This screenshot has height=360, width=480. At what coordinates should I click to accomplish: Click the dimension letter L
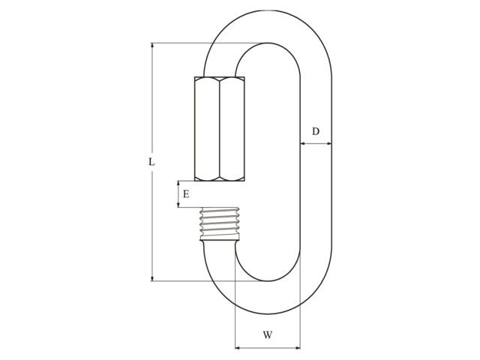[151, 161]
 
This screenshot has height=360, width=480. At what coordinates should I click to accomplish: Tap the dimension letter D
[316, 131]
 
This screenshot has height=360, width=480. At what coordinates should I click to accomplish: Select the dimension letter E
[186, 193]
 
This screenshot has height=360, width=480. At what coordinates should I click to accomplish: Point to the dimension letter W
[268, 335]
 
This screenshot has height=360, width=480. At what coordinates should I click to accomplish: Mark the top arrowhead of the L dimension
[152, 46]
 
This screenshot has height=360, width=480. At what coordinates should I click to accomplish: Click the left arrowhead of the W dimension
[238, 348]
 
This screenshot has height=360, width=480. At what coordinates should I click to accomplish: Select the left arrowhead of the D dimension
[303, 142]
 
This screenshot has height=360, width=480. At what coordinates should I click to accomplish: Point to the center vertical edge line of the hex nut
[220, 128]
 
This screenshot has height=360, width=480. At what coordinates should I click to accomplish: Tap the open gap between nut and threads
[219, 194]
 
